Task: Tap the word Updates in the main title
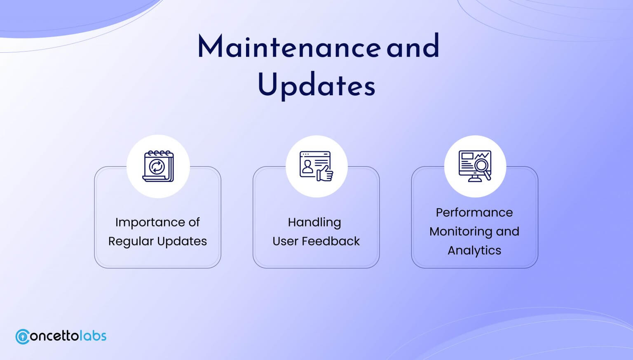tap(316, 85)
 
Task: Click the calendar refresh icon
tap(158, 166)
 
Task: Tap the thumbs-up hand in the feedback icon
tap(325, 173)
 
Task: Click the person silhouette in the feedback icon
tap(307, 167)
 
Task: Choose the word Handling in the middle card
tap(314, 223)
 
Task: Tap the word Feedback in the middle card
tap(331, 241)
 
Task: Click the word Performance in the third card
tap(474, 213)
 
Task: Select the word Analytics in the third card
tap(474, 251)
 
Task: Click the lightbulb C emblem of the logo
tap(23, 336)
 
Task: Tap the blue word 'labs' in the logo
tap(93, 336)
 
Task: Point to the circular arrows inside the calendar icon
tap(157, 167)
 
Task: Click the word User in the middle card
tap(285, 241)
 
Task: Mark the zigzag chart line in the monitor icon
tap(482, 155)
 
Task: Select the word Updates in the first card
tap(182, 242)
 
